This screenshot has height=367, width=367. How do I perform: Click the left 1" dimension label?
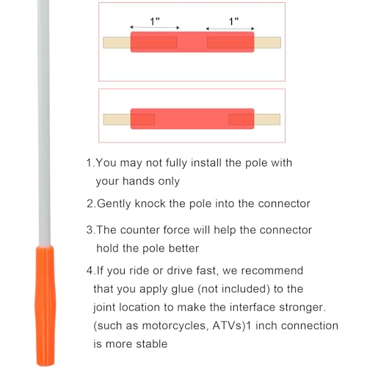(155, 21)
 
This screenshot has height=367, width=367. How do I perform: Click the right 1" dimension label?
(233, 21)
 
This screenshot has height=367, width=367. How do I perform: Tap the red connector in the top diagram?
(192, 42)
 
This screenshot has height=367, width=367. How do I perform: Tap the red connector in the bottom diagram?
(192, 119)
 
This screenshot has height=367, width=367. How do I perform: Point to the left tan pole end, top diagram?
(117, 43)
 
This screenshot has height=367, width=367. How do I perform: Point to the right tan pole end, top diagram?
(267, 43)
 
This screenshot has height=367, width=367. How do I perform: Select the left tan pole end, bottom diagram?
(117, 120)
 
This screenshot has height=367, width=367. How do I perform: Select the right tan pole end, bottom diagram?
(267, 120)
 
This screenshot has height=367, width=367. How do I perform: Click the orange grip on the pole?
(46, 306)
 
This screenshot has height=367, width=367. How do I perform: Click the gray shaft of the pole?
(44, 123)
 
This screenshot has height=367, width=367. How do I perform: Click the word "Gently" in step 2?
(114, 204)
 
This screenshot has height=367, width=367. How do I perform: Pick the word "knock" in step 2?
(150, 203)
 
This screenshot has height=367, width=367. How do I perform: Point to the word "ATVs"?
(227, 326)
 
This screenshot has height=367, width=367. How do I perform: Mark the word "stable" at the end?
(152, 344)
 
